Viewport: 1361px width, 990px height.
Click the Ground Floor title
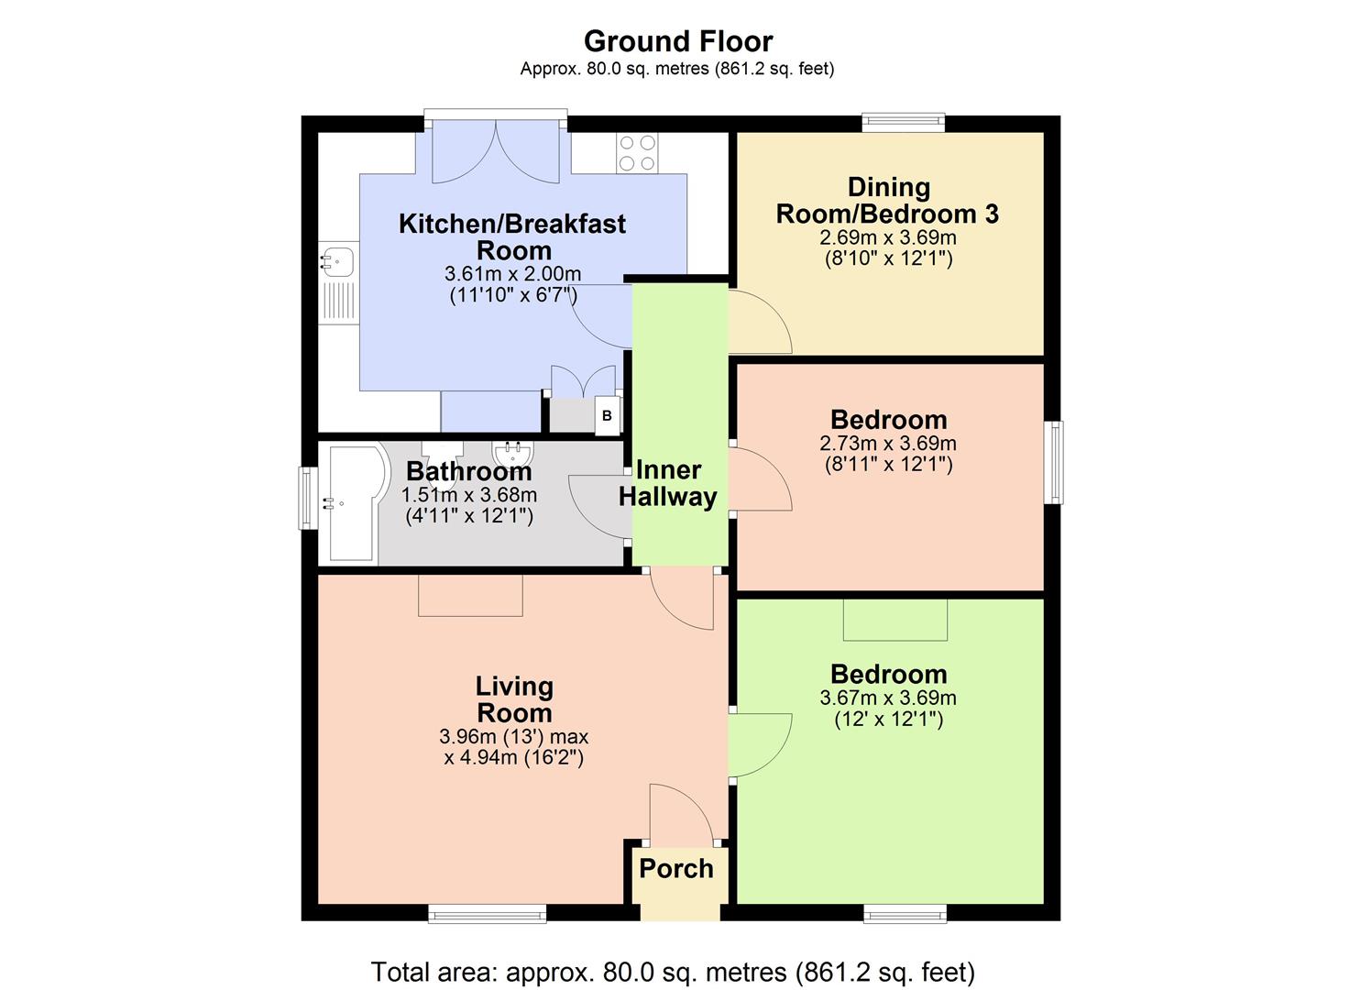pyautogui.click(x=678, y=41)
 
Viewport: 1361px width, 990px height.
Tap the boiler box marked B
pyautogui.click(x=607, y=415)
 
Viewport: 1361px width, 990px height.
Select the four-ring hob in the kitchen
pyautogui.click(x=637, y=153)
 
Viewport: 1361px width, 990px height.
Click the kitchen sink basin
pyautogui.click(x=337, y=260)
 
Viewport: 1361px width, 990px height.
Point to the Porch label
pyautogui.click(x=676, y=868)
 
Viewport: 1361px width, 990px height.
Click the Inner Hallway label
pyautogui.click(x=668, y=483)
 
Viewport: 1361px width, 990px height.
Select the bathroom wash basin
pyautogui.click(x=513, y=454)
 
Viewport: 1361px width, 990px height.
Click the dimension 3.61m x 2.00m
pyautogui.click(x=512, y=273)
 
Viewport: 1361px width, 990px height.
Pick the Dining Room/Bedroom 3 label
pyautogui.click(x=888, y=201)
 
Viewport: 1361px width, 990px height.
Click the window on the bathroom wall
pyautogui.click(x=307, y=498)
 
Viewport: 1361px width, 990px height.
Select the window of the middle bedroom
pyautogui.click(x=1054, y=462)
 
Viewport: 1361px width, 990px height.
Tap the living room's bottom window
pyautogui.click(x=487, y=913)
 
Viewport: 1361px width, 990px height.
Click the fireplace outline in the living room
pyautogui.click(x=470, y=595)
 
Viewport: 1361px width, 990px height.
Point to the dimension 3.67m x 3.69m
pyautogui.click(x=888, y=698)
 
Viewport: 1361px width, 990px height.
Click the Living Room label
pyautogui.click(x=514, y=699)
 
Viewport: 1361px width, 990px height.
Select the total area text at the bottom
pyautogui.click(x=673, y=972)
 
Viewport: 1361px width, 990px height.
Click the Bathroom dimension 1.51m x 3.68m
pyautogui.click(x=469, y=495)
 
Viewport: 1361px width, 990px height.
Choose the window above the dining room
pyautogui.click(x=903, y=123)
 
